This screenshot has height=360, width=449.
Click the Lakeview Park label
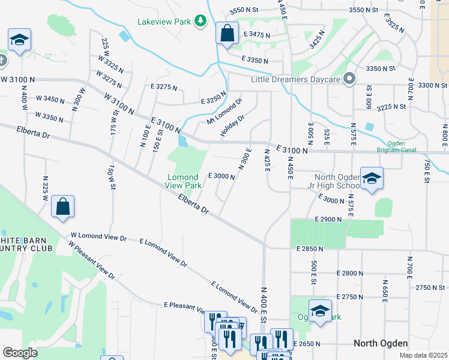coord(164,22)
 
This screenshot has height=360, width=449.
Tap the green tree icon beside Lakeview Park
coord(200,22)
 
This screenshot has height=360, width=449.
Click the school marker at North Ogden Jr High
coord(372,178)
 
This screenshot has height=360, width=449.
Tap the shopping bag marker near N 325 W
coord(63,207)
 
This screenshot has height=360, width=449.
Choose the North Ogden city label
coord(381,343)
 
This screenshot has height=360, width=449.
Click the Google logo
coord(20,353)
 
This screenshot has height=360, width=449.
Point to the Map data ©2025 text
coord(423,355)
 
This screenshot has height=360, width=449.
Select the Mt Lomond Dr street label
coord(224,112)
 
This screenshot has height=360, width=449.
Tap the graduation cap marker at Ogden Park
coord(320,311)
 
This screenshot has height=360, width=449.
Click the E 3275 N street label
coord(164,87)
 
